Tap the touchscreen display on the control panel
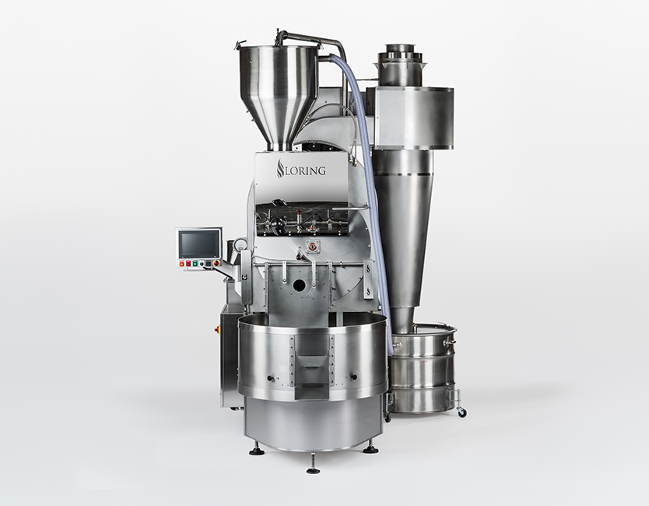tap(199, 244)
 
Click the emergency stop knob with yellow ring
tap(215, 263)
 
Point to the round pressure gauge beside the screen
tap(240, 244)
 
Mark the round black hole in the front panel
tap(298, 285)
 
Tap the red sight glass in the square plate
tap(314, 246)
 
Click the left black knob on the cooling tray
tap(270, 378)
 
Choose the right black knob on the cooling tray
tap(354, 377)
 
